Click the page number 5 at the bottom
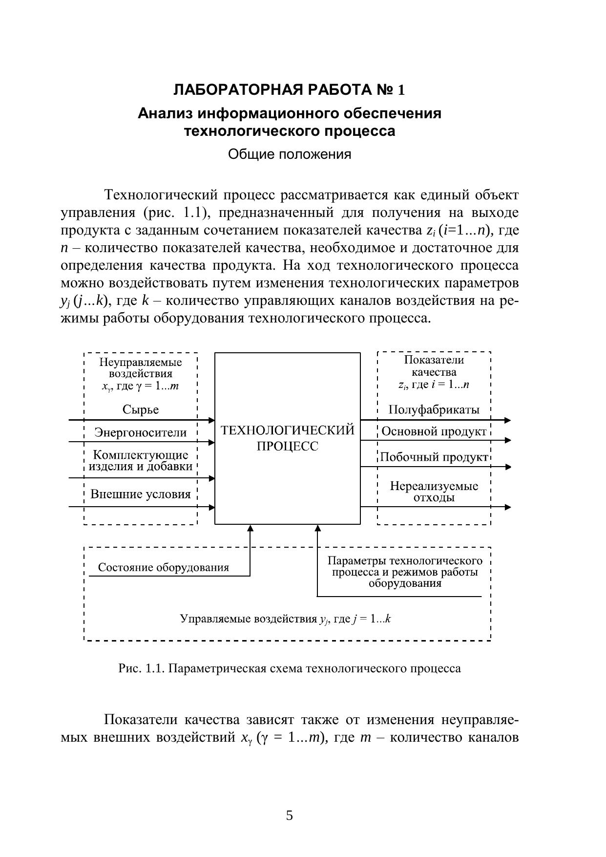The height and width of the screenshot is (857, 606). coord(290,815)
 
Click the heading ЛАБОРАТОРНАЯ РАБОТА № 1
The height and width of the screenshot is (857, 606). coord(289,90)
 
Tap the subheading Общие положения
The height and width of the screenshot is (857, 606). coord(289,154)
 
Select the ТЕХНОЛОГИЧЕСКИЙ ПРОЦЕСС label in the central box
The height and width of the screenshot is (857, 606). coord(288,438)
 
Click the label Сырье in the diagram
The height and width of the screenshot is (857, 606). coord(141,409)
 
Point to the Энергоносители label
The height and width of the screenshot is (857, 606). coord(141,432)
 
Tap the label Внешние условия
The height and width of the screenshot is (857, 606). coord(141,494)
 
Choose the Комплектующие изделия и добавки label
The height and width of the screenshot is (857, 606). coord(141,461)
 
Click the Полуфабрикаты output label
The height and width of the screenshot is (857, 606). coord(434,409)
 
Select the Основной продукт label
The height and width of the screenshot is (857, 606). coord(434,431)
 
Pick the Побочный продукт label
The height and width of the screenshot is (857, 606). coord(434,457)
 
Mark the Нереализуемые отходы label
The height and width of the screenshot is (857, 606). coord(434,492)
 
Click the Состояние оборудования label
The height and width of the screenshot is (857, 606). coord(164,567)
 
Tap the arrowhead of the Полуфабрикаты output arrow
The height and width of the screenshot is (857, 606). coord(508,420)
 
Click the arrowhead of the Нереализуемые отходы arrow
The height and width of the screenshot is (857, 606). coord(508,507)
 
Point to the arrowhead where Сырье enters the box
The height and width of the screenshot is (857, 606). coord(212,420)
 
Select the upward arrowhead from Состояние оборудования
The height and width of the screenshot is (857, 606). coord(251,528)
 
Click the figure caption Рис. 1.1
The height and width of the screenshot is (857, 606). coord(289,668)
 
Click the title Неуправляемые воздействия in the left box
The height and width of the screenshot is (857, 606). coord(141,368)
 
